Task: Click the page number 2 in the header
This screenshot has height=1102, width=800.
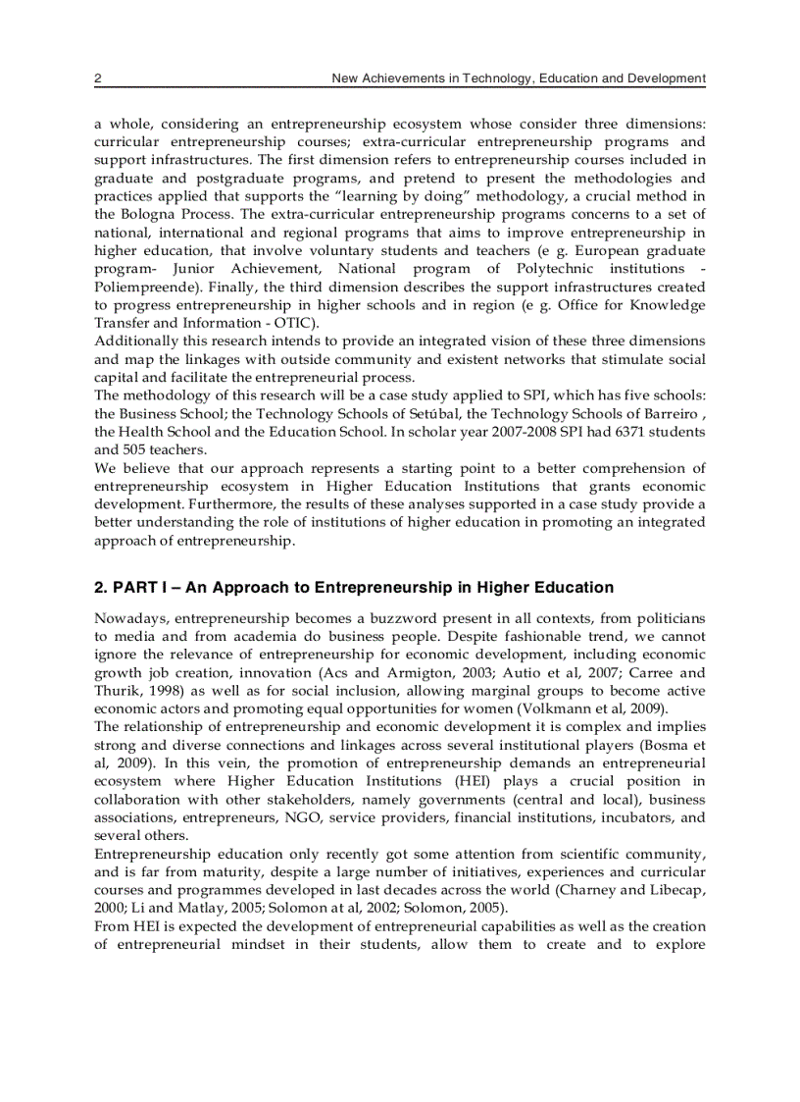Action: click(98, 78)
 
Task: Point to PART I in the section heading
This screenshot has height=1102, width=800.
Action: click(143, 588)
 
